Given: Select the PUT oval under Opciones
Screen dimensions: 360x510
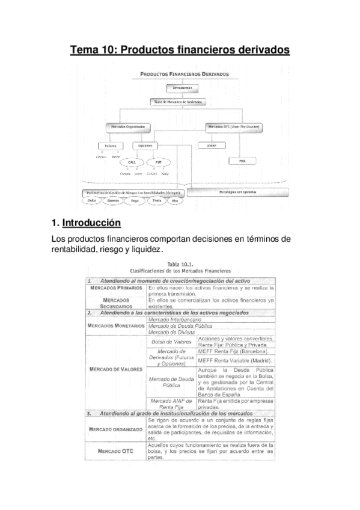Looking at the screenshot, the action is (158, 162).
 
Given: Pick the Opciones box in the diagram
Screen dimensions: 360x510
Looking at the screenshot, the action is (145, 146).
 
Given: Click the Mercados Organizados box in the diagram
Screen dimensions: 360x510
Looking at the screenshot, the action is (127, 127).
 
